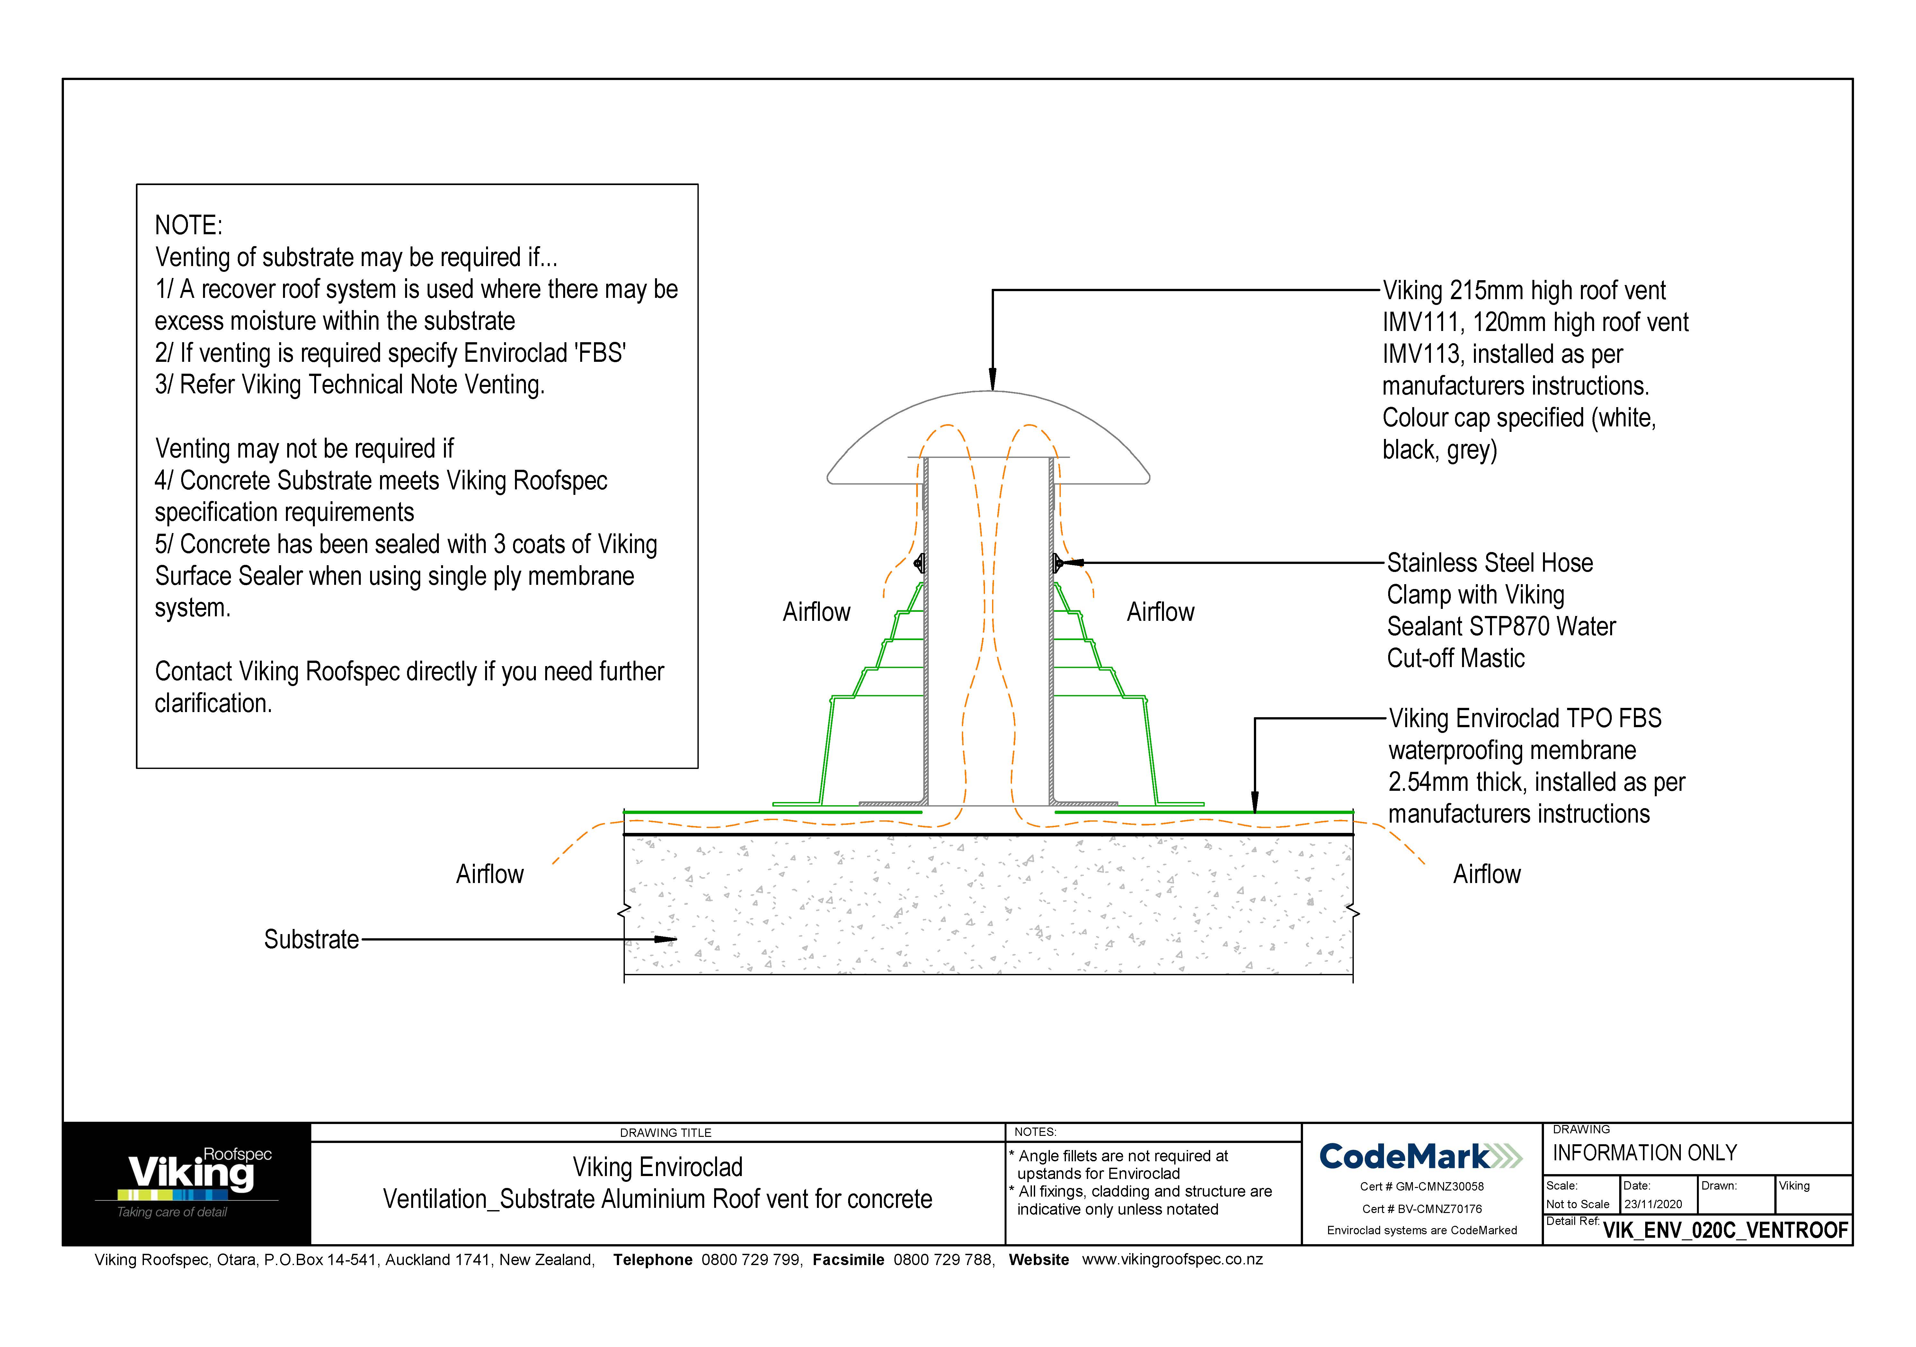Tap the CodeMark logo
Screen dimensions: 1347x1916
click(x=1420, y=1157)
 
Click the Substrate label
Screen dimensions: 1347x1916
click(x=311, y=940)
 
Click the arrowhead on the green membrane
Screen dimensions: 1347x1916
click(x=1254, y=804)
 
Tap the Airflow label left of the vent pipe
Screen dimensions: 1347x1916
click(x=816, y=612)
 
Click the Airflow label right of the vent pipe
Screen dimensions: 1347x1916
click(x=1160, y=612)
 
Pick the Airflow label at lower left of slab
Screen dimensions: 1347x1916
click(x=490, y=875)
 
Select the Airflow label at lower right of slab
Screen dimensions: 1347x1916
click(x=1486, y=875)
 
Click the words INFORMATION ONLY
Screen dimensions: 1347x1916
click(x=1644, y=1153)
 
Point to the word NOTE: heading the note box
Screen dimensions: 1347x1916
click(x=189, y=225)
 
